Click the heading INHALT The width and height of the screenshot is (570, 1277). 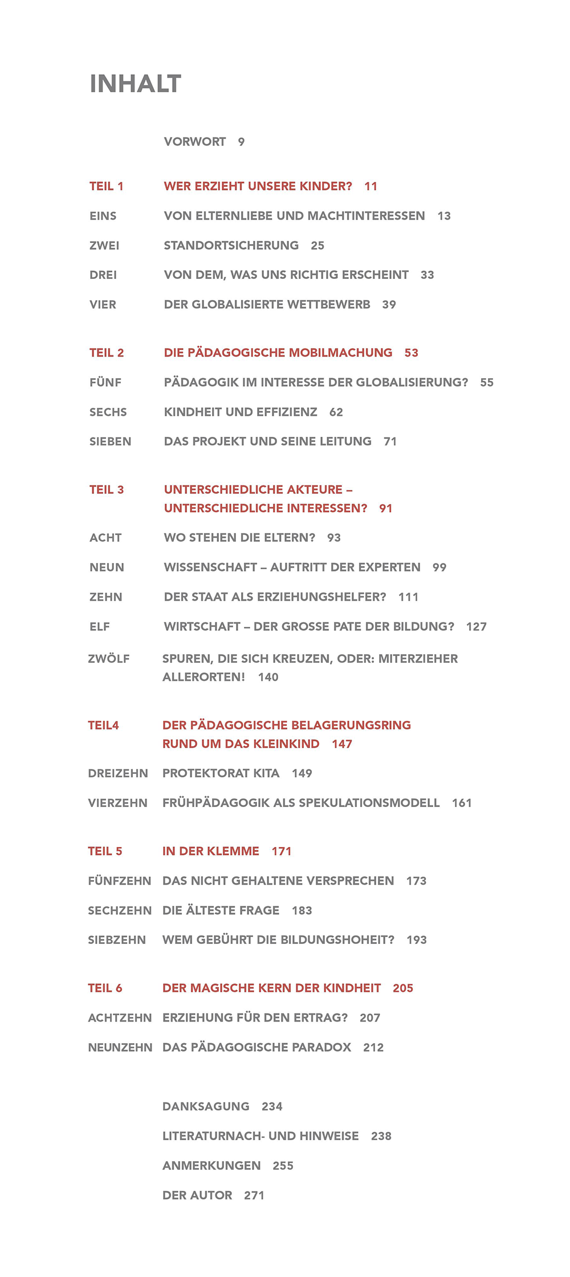coord(135,84)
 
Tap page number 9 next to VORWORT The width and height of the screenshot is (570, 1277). coord(241,142)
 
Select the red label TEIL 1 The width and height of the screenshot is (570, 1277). coord(107,187)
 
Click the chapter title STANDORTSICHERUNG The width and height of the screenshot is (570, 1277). coord(231,246)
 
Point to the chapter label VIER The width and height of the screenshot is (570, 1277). coord(103,305)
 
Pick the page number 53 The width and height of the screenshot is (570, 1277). coord(411,353)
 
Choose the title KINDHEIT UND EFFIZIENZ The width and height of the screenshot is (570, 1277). coord(240,412)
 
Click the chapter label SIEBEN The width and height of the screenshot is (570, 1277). coord(110,441)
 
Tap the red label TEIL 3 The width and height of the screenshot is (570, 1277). coord(107,490)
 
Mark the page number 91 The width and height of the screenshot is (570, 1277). coord(385,508)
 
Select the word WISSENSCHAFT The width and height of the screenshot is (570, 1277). coord(210,567)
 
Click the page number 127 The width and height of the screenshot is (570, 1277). coord(476,627)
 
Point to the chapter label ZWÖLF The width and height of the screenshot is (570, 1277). coord(108,659)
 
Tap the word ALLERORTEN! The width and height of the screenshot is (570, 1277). coord(203,678)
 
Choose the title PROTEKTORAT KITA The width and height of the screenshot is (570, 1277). coord(221,773)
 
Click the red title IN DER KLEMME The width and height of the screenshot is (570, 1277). coord(210,852)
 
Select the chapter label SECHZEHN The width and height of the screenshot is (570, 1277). coord(120,911)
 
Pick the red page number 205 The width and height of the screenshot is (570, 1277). coord(402,988)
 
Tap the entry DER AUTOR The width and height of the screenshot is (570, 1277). coord(197,1195)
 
